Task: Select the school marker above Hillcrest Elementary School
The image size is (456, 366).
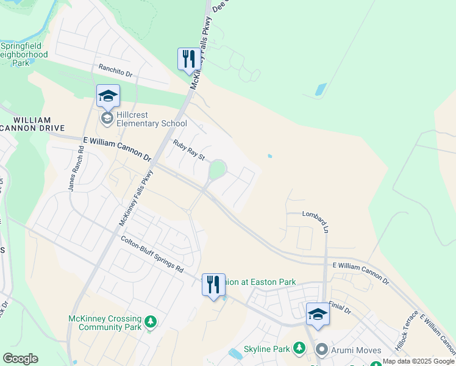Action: pos(108,96)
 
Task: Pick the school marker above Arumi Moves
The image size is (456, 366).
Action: pos(318,314)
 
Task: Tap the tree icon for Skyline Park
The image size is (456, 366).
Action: pos(299,348)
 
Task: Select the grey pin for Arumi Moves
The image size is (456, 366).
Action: pos(321,350)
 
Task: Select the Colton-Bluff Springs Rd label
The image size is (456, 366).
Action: pos(151,254)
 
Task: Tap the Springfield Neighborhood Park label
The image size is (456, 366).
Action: pos(24,54)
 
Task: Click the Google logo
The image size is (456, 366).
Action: pos(20,359)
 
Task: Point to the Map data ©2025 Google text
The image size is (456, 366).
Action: pos(419,362)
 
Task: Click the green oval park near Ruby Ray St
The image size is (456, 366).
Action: pos(217,168)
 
